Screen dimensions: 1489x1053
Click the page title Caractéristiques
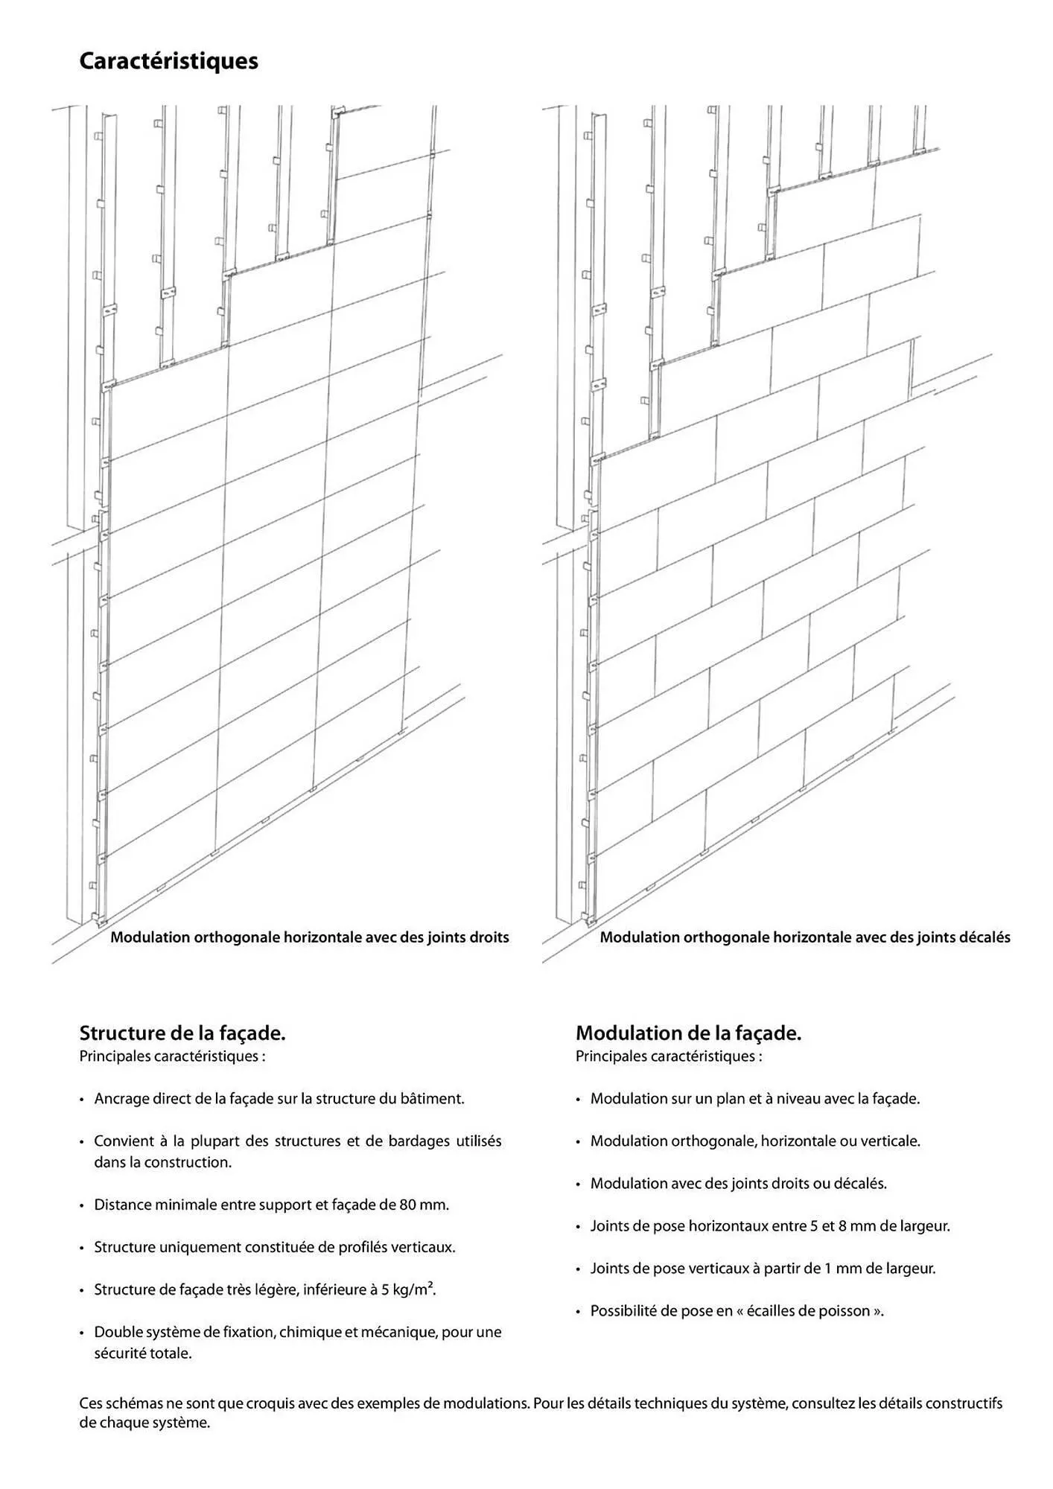click(x=168, y=61)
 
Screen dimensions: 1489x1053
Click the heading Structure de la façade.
click(x=182, y=1033)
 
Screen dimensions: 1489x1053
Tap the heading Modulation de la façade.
click(x=688, y=1033)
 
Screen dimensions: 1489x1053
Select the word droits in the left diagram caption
click(x=489, y=937)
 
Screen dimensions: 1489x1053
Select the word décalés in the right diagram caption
click(x=984, y=937)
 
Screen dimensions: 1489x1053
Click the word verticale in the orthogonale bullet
click(x=889, y=1141)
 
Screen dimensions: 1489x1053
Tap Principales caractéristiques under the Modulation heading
click(x=668, y=1056)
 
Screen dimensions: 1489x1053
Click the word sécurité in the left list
click(x=120, y=1354)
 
